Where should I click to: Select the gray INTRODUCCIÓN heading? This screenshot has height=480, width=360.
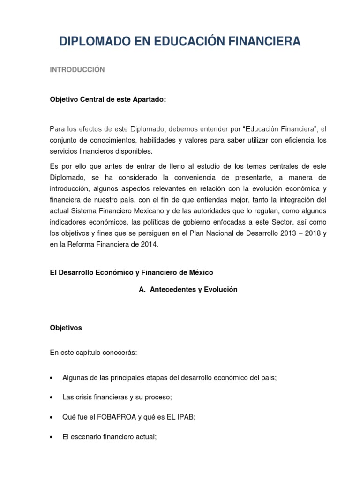point(77,70)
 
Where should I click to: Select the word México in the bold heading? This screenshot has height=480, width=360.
point(200,272)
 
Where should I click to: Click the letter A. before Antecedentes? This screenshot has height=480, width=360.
point(142,290)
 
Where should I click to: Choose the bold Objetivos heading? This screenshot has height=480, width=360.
point(66,328)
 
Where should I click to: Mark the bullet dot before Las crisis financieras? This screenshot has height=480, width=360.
point(52,397)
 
